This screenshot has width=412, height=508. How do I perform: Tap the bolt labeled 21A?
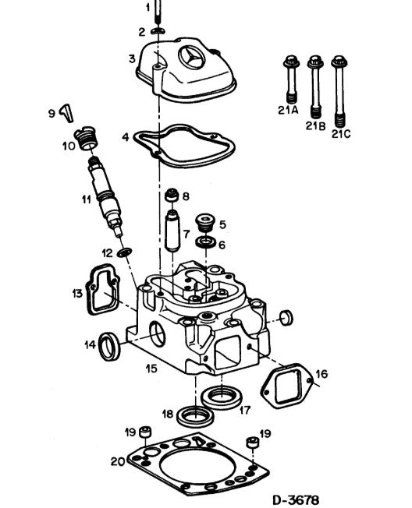[290, 79]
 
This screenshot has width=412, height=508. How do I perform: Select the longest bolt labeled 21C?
[339, 92]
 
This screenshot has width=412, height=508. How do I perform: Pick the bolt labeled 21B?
[315, 86]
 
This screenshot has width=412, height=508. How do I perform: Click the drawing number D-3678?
[295, 499]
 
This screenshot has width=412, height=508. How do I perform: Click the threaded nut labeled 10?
[86, 139]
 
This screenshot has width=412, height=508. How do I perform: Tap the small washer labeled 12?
[125, 252]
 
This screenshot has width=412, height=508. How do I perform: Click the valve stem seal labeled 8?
[172, 195]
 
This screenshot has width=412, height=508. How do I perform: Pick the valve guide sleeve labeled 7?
[172, 231]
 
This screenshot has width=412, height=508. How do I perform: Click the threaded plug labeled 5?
[205, 222]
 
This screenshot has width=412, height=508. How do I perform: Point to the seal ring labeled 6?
[205, 242]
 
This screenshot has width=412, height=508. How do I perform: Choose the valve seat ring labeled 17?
[222, 397]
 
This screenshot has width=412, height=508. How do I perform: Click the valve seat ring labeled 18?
[196, 417]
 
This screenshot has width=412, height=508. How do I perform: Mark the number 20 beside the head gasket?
[118, 461]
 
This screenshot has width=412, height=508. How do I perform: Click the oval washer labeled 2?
[158, 31]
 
